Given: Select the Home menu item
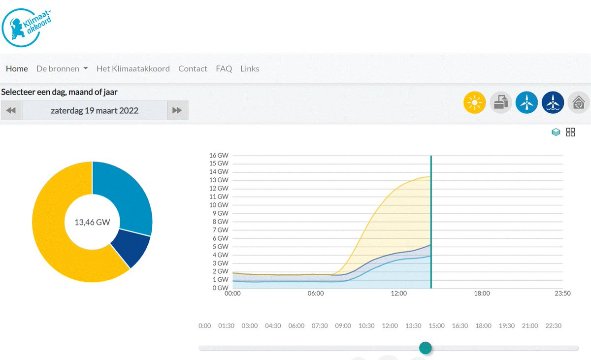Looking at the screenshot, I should coord(17,68).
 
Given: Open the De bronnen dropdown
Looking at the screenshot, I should coord(62,68).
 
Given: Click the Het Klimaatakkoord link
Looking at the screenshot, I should coord(133,68).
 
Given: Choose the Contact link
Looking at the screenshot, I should coord(193,68).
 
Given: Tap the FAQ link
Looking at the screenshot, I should coord(224,68).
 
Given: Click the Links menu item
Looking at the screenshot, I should coord(250,68).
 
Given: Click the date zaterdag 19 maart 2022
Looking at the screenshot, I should coord(95,110).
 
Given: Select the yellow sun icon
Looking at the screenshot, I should coord(474,102).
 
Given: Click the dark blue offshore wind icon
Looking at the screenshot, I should coord(553,102).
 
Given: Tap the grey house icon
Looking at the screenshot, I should coord(579,102).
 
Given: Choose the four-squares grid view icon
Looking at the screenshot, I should coord(570,132).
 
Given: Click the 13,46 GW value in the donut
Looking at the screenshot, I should coord(92,222).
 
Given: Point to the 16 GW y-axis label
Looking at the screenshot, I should coord(219,155).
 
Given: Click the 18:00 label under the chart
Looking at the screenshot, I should coord(482,294).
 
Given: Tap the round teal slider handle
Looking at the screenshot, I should coord(426,348).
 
